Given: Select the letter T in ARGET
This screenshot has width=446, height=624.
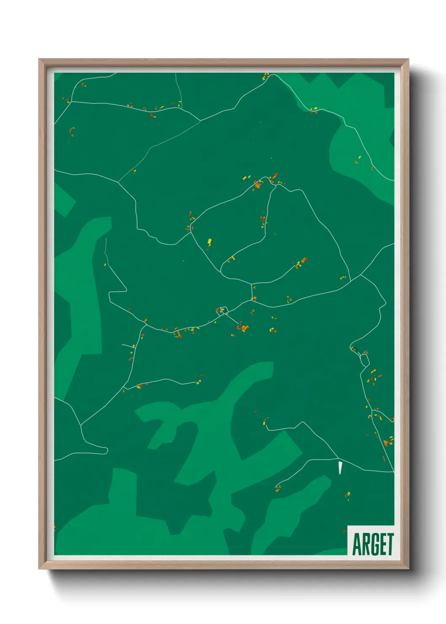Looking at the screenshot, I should point(390,544).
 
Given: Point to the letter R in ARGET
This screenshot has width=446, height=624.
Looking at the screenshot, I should point(365,544).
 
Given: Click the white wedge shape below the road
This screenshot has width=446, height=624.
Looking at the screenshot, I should point(340,468).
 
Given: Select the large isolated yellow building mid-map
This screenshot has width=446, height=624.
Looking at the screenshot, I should point(209,242).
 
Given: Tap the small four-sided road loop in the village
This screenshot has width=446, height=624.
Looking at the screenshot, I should point(222,311).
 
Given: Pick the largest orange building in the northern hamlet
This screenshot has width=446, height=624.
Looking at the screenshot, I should point(258,184).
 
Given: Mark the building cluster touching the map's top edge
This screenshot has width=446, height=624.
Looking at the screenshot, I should point(266,76).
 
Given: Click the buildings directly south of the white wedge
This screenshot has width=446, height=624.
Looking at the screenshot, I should point(348,495).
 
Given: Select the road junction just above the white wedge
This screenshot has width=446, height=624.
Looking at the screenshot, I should point(338,458).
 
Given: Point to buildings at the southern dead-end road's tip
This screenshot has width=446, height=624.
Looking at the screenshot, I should point(278,488).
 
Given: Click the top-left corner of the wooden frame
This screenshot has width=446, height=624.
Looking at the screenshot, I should point(39,59).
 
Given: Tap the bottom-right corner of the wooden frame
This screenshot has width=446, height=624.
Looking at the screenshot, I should point(408,569).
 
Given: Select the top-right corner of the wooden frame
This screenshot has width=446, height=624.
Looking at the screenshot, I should point(408,59).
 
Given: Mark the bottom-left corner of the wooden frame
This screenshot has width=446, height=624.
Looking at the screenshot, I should point(39,569).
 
